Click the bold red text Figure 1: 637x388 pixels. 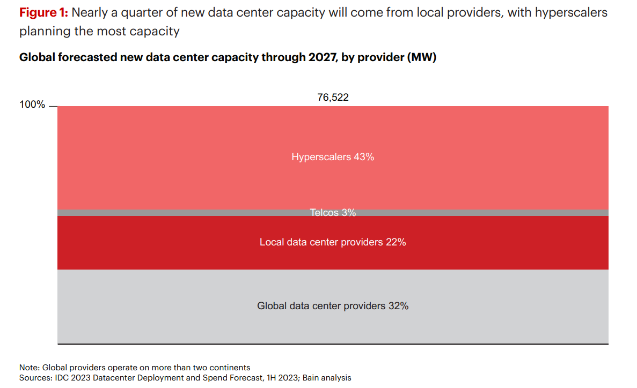(x=43, y=12)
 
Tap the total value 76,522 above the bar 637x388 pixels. (x=333, y=97)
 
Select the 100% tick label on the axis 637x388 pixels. (x=33, y=105)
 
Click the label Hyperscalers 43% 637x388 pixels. (x=333, y=157)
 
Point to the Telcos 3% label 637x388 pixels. (x=333, y=213)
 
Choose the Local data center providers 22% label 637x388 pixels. (x=333, y=242)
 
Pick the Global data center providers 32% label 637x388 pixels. (x=333, y=306)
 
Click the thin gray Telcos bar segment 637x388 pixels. (x=161, y=213)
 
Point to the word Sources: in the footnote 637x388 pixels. (x=36, y=378)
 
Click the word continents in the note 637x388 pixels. (x=230, y=368)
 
